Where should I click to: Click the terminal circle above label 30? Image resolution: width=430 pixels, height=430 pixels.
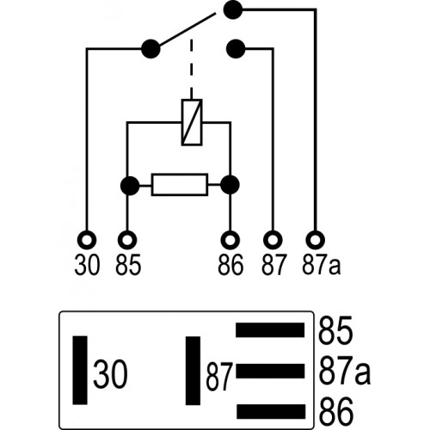coord(87,240)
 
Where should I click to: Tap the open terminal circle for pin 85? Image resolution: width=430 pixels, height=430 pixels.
coord(127,240)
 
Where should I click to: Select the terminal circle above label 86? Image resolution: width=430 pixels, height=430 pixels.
coord(230,240)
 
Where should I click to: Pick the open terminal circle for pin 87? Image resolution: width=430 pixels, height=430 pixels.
coord(273,240)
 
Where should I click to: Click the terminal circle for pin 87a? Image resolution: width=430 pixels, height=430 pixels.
coord(316,240)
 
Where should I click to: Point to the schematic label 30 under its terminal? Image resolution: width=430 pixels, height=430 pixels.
coord(87,265)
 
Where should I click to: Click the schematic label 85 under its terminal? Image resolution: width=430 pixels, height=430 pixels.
coord(128,265)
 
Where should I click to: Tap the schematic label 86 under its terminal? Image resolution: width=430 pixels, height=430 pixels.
coord(230,265)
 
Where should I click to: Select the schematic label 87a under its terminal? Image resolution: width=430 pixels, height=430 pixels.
coord(322,265)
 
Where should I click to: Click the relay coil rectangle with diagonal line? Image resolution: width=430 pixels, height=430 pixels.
coord(192,122)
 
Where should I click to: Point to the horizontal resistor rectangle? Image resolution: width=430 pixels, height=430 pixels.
coord(180,185)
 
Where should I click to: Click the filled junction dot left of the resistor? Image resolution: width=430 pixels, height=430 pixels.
coord(130,186)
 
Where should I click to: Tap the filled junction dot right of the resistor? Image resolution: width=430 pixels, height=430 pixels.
coord(230,185)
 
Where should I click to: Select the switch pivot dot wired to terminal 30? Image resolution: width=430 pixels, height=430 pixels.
coord(150,49)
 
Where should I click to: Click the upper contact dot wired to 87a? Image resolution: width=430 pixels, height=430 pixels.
coord(233,9)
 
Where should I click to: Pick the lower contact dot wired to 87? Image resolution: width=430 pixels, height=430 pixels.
coord(236,49)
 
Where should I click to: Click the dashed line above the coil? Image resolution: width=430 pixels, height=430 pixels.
coord(192,69)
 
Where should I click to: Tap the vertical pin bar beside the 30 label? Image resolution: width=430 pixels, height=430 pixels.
coord(80,370)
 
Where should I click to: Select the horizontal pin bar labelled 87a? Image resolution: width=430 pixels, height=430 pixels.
coord(270,371)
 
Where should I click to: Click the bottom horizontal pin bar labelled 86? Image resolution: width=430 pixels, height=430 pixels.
coord(271,411)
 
